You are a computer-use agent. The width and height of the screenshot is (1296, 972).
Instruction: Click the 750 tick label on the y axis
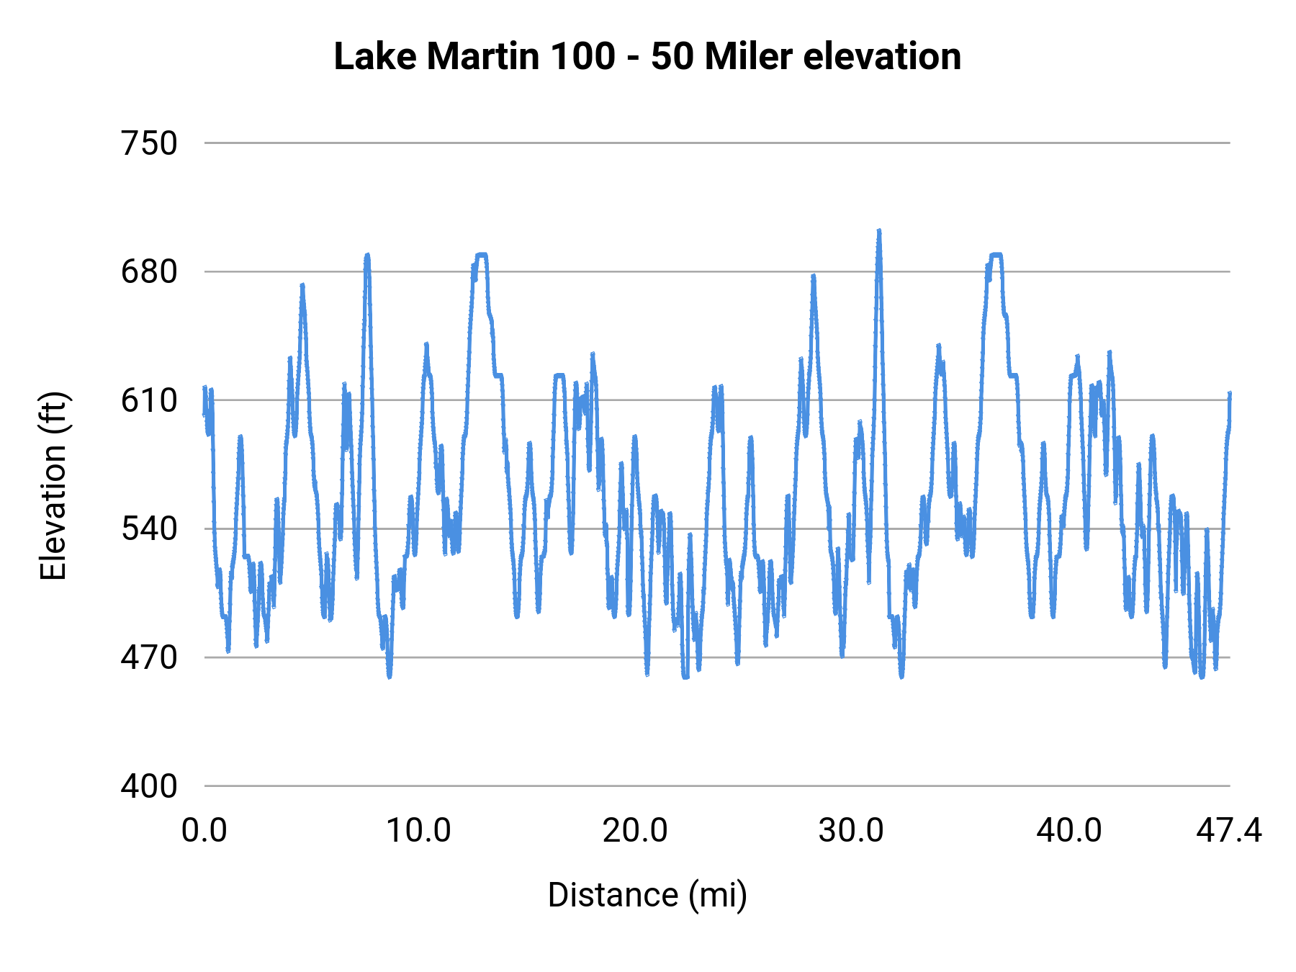click(x=149, y=144)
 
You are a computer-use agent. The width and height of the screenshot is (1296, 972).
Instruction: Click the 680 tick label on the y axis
click(x=149, y=272)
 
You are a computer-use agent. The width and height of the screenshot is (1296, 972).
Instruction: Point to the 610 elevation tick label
click(x=149, y=401)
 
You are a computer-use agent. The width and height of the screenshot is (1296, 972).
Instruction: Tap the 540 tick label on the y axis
click(x=149, y=529)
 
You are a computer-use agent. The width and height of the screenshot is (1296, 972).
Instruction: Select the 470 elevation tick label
click(x=149, y=657)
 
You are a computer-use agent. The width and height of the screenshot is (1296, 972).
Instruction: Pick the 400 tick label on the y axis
click(x=149, y=786)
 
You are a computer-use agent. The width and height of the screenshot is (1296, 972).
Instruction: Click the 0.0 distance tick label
click(x=204, y=831)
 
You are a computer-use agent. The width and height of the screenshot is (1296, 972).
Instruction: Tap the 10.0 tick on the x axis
click(x=419, y=831)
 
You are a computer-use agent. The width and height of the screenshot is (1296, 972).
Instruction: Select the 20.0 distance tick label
click(x=635, y=831)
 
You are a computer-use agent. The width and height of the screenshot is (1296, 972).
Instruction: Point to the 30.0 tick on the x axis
click(x=851, y=831)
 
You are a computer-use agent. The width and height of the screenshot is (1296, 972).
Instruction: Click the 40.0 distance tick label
click(x=1069, y=831)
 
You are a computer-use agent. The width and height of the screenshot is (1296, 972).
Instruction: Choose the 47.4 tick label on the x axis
click(x=1229, y=831)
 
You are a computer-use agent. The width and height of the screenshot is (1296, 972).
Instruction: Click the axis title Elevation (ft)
click(x=53, y=486)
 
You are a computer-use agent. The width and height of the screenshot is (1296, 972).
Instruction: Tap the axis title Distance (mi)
click(x=647, y=895)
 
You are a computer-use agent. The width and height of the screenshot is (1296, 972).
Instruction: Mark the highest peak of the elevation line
click(x=879, y=231)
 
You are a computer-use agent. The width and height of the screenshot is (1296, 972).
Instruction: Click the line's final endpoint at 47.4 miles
click(x=1230, y=394)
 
